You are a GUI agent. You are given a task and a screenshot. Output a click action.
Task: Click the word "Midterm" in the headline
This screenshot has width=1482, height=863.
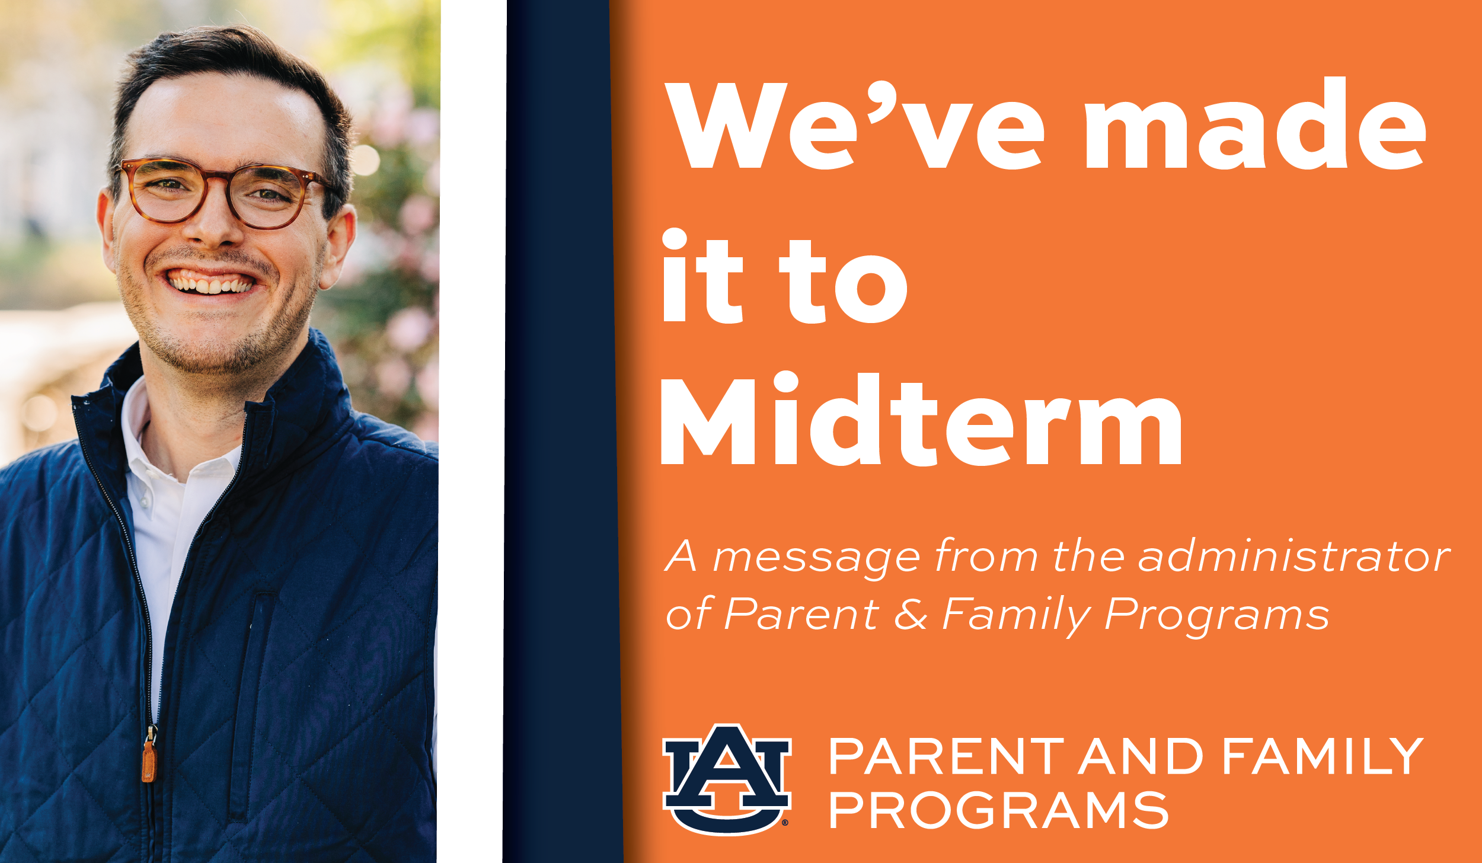coord(922,418)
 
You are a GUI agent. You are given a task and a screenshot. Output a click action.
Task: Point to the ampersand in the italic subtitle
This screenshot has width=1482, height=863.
coord(911,614)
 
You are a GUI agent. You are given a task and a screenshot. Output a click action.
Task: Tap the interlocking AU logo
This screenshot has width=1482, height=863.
coord(727,779)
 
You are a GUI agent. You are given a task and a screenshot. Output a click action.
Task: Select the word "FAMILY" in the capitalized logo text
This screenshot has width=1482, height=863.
coord(1323,756)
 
